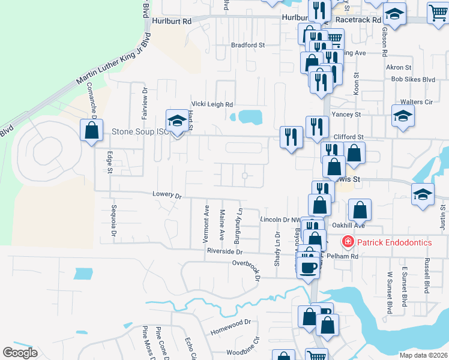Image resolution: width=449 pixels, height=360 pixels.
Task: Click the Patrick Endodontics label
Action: click(394, 242)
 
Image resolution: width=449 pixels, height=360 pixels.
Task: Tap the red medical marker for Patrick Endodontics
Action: click(348, 242)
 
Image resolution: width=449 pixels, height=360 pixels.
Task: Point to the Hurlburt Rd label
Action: click(172, 20)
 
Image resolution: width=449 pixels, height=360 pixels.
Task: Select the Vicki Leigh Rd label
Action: click(211, 104)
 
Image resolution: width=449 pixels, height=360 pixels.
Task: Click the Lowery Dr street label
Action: click(167, 195)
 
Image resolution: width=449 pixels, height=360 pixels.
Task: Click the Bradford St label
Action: click(248, 45)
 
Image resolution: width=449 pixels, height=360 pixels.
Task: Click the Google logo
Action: click(20, 353)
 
